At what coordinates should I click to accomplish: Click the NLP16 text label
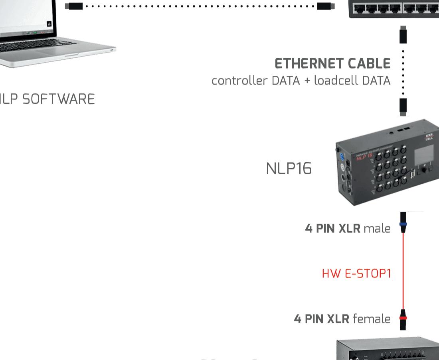[289, 169]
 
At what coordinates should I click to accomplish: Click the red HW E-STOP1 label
[356, 273]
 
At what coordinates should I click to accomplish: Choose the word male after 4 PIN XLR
[377, 228]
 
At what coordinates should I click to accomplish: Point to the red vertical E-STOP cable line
[403, 271]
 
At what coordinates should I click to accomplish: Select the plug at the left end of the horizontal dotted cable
[74, 6]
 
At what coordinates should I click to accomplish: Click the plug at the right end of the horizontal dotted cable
[326, 6]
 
